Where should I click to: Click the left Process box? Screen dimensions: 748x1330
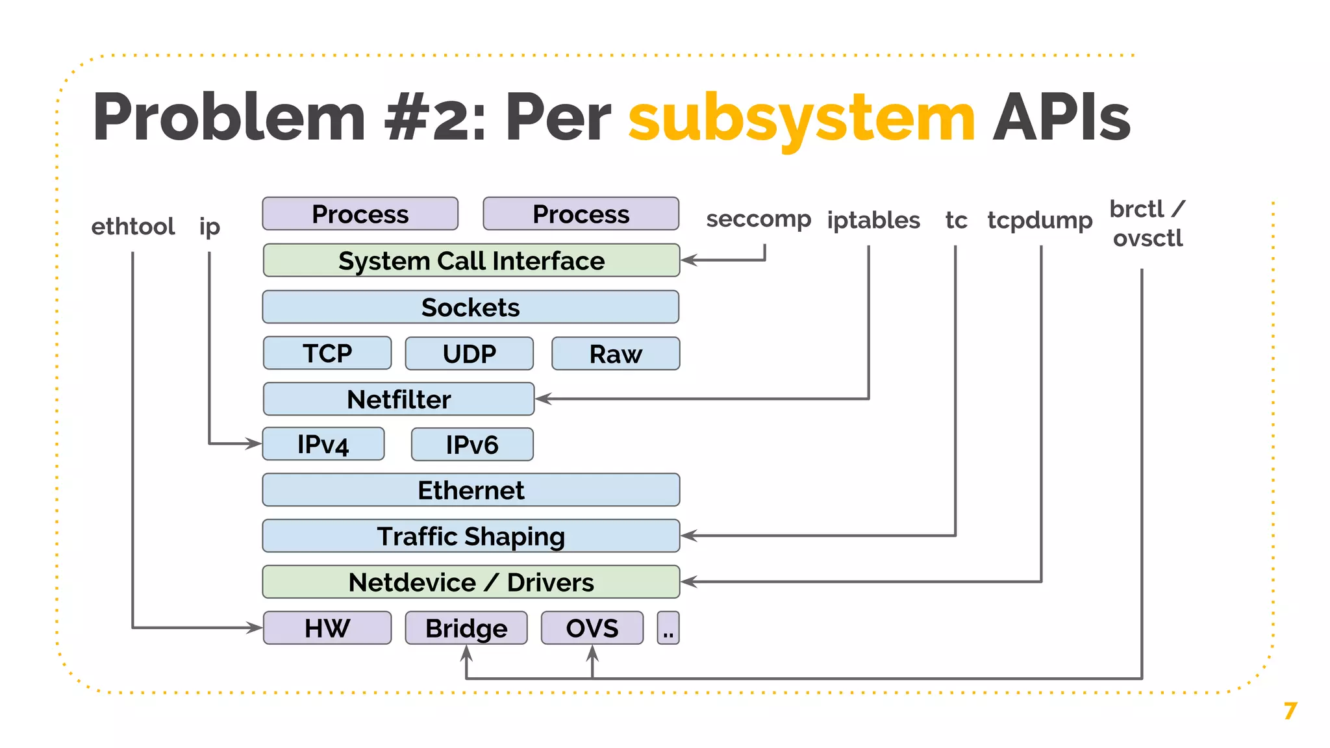[360, 214]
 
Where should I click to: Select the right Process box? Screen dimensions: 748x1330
[581, 214]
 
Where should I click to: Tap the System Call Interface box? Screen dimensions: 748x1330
[471, 260]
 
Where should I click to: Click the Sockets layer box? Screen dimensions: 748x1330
[471, 307]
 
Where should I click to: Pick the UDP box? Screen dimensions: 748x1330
[469, 353]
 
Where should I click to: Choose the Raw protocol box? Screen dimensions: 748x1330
[615, 353]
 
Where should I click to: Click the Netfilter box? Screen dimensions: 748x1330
[399, 399]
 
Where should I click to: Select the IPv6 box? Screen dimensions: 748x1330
[472, 445]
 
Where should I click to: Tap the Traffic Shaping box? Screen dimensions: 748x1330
[471, 536]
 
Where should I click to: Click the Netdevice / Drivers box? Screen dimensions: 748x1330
[471, 582]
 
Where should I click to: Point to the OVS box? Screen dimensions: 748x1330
[592, 628]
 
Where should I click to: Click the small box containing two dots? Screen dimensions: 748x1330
[668, 628]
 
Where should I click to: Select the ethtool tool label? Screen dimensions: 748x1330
[133, 227]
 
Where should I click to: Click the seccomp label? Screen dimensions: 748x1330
[759, 219]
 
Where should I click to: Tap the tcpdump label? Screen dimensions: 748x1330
[1040, 220]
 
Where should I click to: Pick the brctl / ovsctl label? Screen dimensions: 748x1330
[1148, 223]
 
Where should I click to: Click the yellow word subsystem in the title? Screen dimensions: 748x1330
[801, 118]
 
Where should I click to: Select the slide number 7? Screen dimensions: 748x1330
[1290, 711]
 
